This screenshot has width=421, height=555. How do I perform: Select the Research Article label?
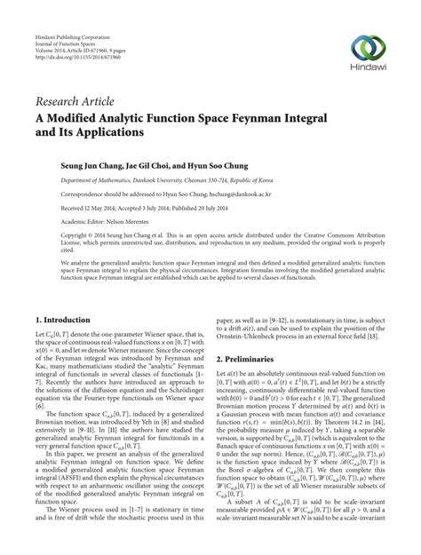tap(72, 105)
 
